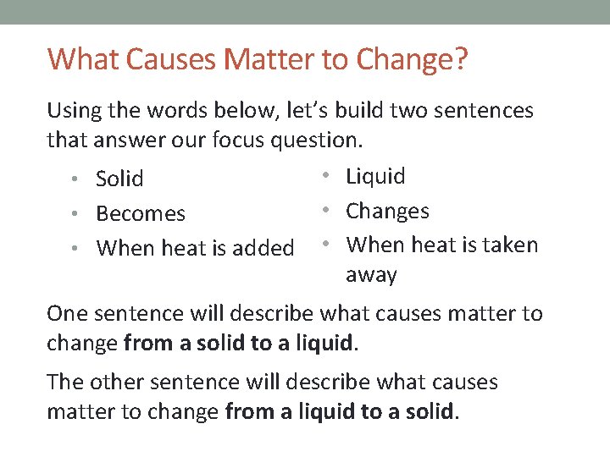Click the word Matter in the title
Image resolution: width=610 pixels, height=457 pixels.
pos(257,59)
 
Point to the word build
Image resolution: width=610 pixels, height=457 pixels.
pos(363,111)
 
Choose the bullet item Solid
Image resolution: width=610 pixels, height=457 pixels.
pos(119,179)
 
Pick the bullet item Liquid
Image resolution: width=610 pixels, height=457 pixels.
pos(376,176)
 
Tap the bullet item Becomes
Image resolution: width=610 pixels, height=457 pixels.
pos(141,213)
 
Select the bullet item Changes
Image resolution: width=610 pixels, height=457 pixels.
pos(388,211)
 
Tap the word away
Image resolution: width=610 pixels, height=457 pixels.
pos(371,275)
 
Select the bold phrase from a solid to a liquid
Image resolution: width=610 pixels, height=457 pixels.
pos(237,343)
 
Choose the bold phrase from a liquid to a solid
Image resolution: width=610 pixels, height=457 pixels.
pos(340,412)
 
